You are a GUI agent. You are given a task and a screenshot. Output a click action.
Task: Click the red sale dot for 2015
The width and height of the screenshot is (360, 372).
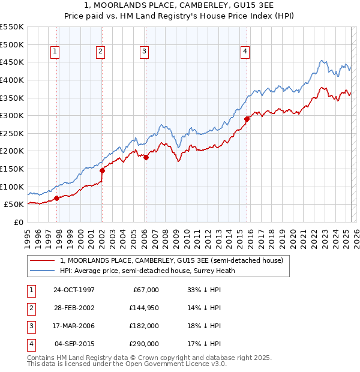247,119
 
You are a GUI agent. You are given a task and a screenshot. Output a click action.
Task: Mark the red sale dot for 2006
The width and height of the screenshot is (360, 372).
146,157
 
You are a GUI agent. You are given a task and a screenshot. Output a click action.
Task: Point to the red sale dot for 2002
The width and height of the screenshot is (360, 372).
102,170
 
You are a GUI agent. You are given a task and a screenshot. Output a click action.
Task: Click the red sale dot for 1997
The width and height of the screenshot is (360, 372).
56,198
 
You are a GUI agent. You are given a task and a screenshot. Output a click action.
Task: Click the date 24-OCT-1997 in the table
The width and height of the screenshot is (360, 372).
74,290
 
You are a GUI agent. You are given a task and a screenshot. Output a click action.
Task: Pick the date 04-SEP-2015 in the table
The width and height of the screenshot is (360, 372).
74,344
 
